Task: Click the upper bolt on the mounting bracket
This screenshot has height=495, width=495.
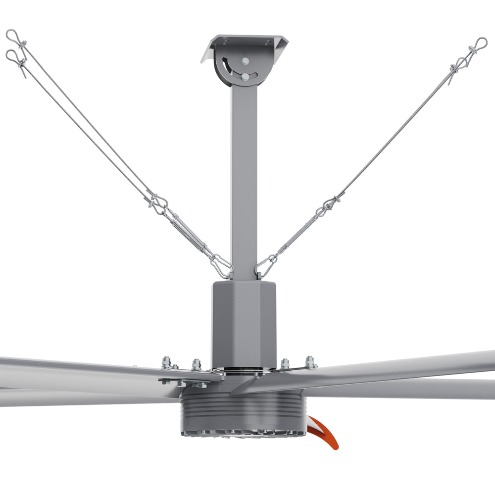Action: click(x=245, y=61)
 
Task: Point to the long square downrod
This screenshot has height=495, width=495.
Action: click(x=244, y=178)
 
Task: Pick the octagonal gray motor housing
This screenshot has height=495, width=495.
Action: click(x=244, y=322)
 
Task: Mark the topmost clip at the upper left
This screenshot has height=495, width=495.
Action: click(x=13, y=37)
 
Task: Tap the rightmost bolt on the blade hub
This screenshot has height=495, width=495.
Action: click(x=310, y=362)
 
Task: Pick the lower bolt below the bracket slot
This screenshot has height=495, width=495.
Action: click(x=246, y=77)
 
